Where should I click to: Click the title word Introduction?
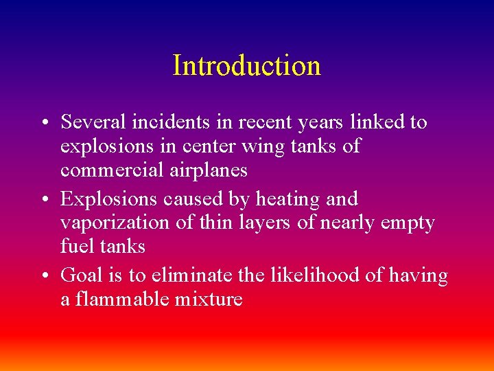pos(246,66)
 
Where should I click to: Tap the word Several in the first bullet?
pos(90,122)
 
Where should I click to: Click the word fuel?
pos(74,246)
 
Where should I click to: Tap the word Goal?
pos(81,276)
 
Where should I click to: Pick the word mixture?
pos(209,299)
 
